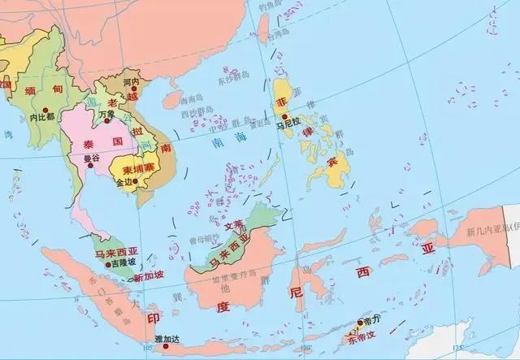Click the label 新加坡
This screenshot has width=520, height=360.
[x=149, y=276]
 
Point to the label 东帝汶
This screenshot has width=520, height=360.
[x=362, y=335]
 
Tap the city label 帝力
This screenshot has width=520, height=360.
[x=375, y=322]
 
